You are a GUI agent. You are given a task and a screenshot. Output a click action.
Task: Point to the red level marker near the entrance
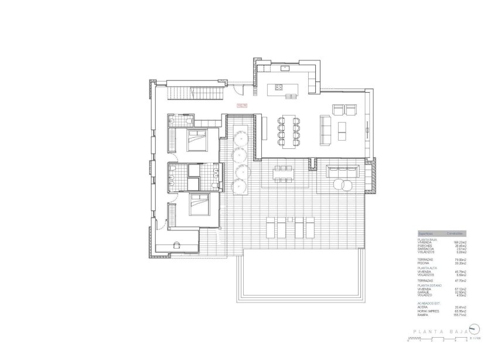tap(241, 106)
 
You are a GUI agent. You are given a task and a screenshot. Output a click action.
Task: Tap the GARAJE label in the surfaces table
tap(422, 292)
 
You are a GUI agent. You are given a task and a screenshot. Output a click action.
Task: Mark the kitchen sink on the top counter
tap(287, 69)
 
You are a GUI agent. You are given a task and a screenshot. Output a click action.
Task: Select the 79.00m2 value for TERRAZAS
tap(460, 260)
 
